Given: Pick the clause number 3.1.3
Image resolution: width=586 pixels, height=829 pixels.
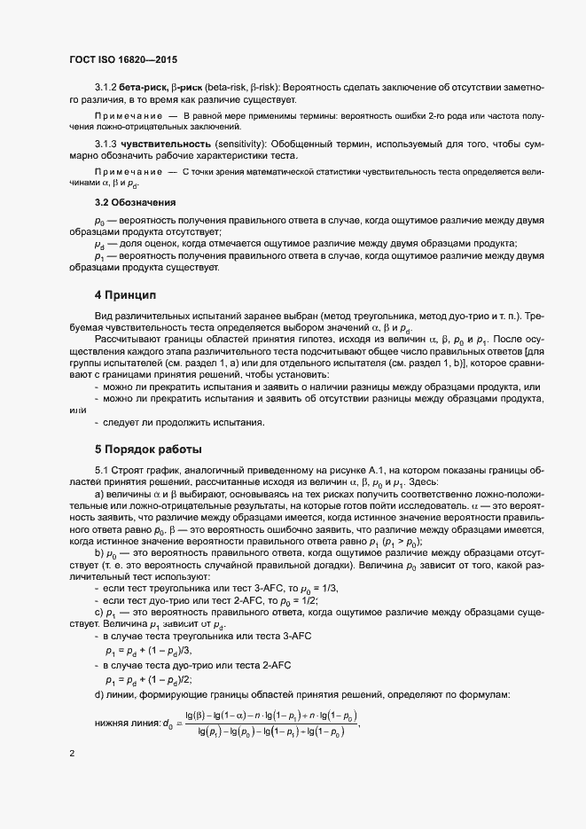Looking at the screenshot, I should tap(105, 143).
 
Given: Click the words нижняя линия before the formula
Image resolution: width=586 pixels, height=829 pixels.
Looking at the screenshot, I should tap(127, 723).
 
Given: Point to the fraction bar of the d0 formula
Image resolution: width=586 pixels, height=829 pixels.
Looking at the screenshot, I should tap(270, 723).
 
